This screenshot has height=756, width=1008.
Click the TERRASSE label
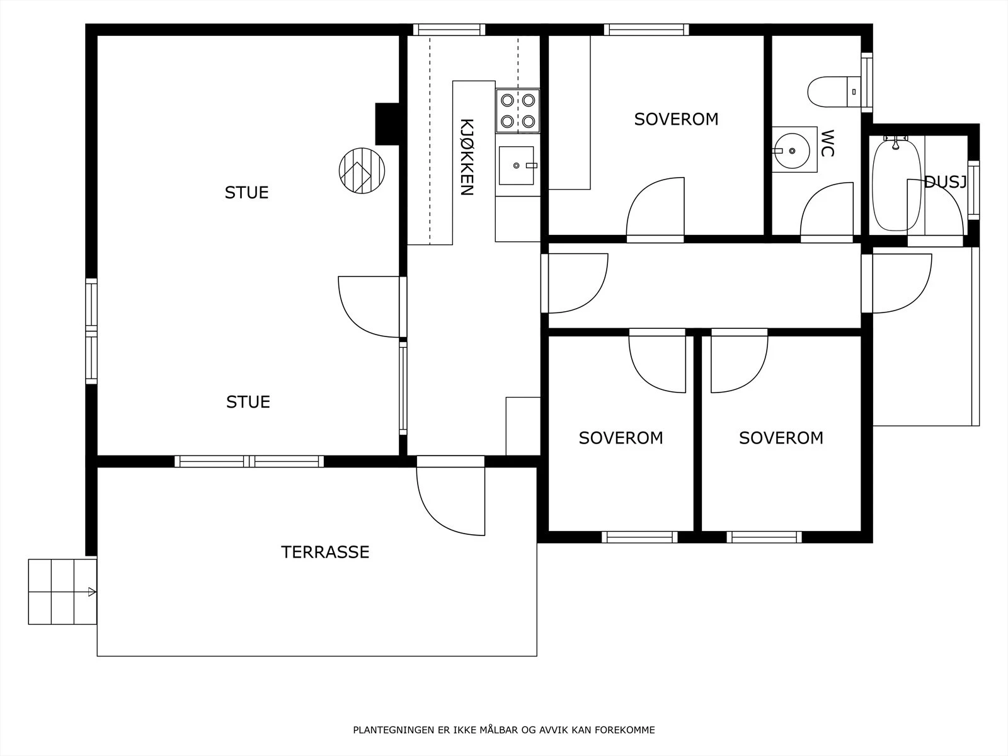point(325,552)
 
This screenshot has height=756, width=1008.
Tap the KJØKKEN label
point(467,157)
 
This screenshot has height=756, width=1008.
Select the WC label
point(827,143)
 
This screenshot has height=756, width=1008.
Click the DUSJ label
point(945,182)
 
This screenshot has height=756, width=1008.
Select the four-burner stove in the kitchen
point(518,111)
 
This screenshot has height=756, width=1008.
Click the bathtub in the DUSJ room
point(896,185)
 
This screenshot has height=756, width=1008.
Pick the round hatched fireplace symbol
point(362,171)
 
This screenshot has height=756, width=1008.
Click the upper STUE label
point(246,193)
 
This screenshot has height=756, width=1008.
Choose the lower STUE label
point(248,402)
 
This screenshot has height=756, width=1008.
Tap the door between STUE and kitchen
point(372,307)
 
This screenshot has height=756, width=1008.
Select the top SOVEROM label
point(676,119)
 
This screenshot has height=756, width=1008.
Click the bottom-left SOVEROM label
point(621,438)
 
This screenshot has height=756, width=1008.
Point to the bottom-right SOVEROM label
point(781,438)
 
